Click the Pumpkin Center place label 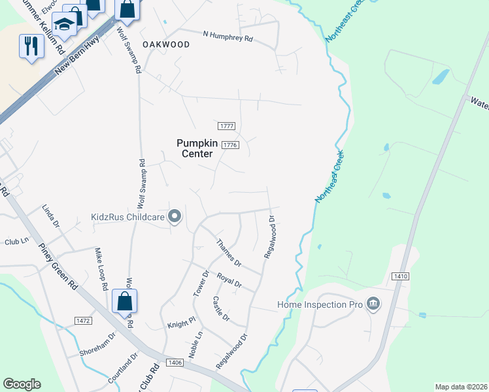tap(195, 148)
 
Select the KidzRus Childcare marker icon tap(175, 216)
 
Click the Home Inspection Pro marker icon tap(373, 304)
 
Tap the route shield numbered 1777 tap(226, 126)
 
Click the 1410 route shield tap(401, 276)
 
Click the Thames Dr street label tap(229, 253)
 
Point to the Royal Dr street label tap(229, 280)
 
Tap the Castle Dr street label tap(221, 308)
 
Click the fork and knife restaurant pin tap(31, 46)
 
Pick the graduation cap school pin tap(64, 25)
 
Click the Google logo tap(22, 384)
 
